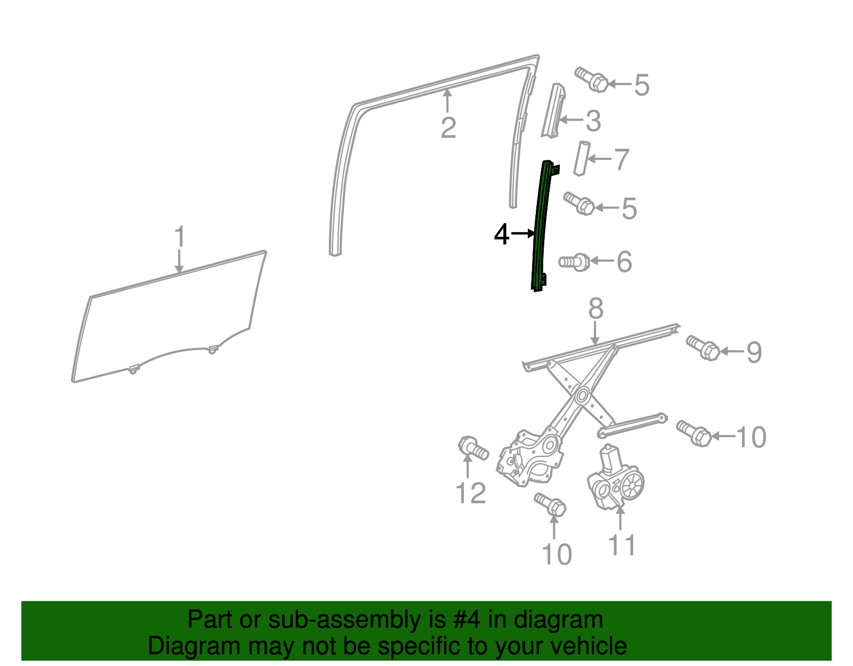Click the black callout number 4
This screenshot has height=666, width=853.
502,234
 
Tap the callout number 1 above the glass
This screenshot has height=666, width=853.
179,237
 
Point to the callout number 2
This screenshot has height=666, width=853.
449,127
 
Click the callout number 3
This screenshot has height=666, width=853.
593,121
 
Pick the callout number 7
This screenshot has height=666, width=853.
621,159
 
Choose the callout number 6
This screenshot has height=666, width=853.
624,261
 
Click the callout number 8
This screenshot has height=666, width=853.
596,308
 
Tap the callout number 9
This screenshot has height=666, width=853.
754,352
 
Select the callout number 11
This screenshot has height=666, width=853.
622,545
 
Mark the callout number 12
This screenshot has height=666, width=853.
471,493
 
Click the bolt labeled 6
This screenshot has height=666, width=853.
574,262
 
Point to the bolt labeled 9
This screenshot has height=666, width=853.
703,348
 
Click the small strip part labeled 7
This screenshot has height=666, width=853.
582,158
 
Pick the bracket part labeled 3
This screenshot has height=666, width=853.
553,111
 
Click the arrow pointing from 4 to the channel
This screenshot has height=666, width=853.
523,234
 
